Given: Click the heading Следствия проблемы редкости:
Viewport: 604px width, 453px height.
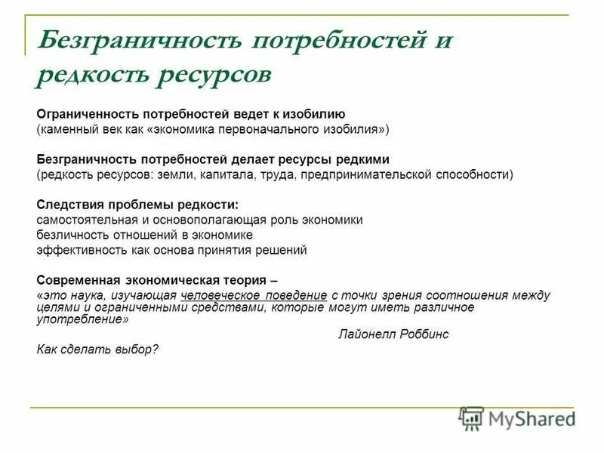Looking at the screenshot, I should click(137, 205).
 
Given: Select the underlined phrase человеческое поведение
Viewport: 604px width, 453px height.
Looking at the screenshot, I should click(254, 294).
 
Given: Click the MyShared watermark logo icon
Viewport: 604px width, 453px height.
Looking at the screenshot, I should click(472, 418).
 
